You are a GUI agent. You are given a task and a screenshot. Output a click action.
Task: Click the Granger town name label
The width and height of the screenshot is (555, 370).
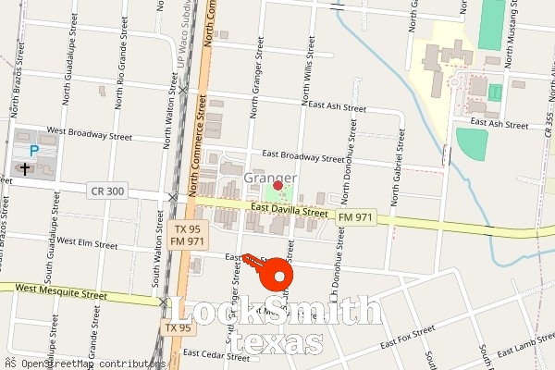tap(270, 178)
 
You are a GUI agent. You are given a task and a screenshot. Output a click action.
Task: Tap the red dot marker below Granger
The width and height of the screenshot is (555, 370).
tap(277, 185)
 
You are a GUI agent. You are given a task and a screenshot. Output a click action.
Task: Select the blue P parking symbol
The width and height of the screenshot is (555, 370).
tap(34, 151)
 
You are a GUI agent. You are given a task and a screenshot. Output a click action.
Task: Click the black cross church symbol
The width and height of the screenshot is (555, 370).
tap(25, 168)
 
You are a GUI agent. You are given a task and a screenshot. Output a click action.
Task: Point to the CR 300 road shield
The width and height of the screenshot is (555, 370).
tap(107, 191)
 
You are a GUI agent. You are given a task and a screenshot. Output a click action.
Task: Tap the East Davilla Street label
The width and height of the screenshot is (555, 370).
tap(290, 212)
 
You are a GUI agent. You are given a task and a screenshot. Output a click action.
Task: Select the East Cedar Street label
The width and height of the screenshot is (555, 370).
tap(217, 353)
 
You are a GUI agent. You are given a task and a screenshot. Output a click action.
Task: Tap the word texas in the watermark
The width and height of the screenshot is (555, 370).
tap(277, 343)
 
